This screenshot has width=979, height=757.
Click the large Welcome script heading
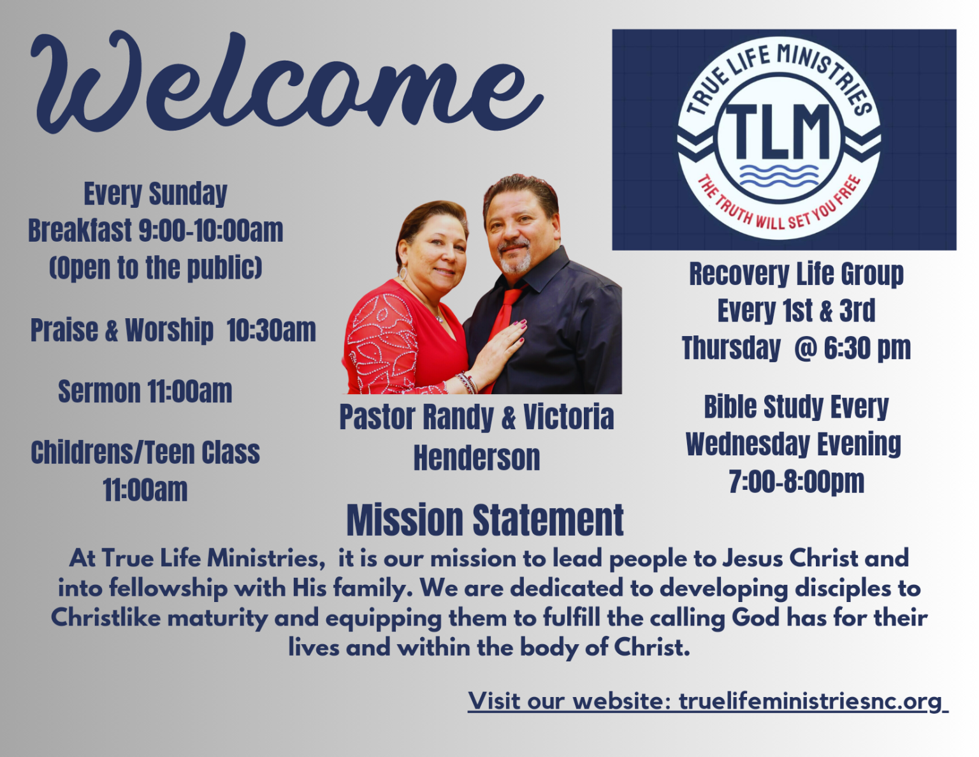coord(287,83)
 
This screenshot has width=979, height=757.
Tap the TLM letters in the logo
coord(778,131)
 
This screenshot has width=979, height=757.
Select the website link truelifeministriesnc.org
coord(810,701)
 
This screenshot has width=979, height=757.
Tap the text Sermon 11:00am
coord(145,392)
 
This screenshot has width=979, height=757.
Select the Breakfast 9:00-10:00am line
coord(156,231)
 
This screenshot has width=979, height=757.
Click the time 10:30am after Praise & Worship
coord(272,330)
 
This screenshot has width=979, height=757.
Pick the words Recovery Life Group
coord(796,274)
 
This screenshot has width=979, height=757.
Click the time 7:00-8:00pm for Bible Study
coord(796,481)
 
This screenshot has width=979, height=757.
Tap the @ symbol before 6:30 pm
coord(805,348)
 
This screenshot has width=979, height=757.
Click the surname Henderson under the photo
coord(477,458)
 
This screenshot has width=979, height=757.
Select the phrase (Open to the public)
coord(156,268)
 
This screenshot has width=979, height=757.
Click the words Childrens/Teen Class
coord(145,453)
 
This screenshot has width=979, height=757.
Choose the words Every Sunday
coord(156,194)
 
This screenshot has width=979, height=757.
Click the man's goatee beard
coord(515,261)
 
